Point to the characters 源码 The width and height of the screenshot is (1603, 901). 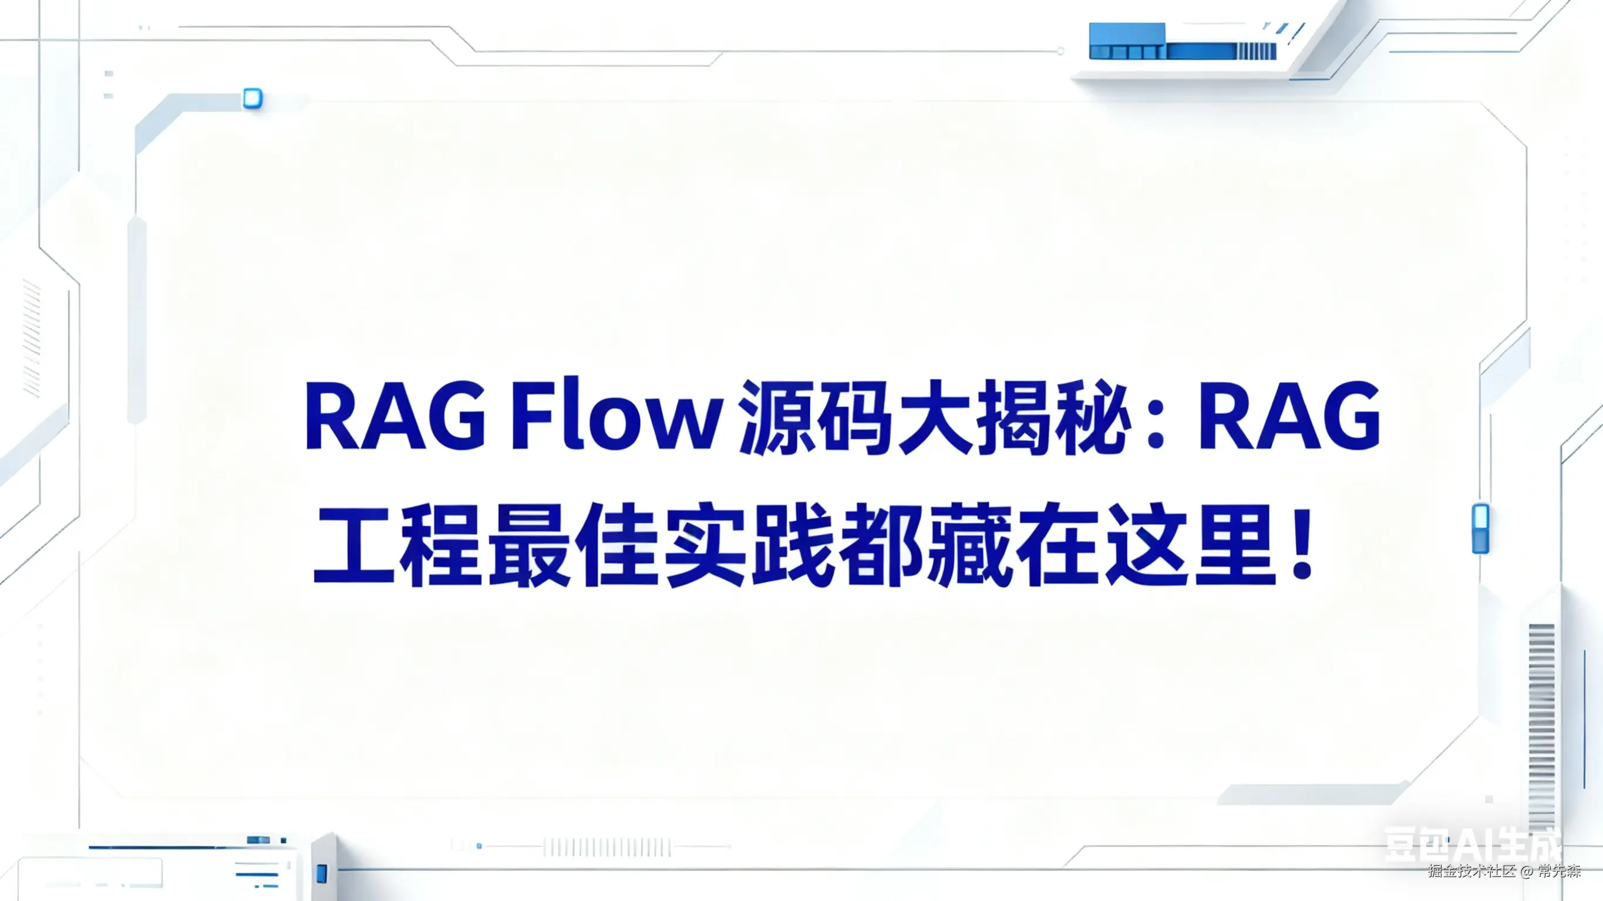coord(818,416)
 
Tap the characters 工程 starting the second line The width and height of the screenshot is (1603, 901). coord(397,546)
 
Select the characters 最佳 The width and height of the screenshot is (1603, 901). coord(573,546)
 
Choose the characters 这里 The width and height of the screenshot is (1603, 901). coord(1190,546)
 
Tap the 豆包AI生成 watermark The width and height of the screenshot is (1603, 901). coord(1472,845)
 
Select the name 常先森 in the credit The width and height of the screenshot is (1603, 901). coord(1560,871)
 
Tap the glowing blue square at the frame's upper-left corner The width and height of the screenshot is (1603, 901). coord(252,98)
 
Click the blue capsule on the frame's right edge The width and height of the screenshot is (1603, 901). coord(1480,529)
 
